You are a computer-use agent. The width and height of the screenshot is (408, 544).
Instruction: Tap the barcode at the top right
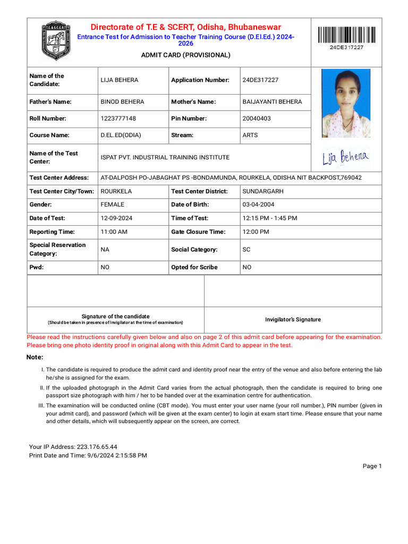pyautogui.click(x=346, y=36)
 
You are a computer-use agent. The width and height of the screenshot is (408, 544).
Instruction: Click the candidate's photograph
pyautogui.click(x=346, y=103)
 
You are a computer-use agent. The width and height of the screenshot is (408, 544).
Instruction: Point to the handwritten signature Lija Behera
pyautogui.click(x=346, y=157)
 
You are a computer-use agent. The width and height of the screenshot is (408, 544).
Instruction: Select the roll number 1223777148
pyautogui.click(x=118, y=118)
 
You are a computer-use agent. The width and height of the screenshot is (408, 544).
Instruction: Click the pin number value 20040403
pyautogui.click(x=257, y=118)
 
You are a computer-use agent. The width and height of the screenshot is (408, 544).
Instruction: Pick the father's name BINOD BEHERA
pyautogui.click(x=122, y=101)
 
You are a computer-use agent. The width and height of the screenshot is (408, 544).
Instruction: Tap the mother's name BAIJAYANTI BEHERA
pyautogui.click(x=272, y=101)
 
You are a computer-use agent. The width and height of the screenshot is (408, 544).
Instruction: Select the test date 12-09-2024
pyautogui.click(x=116, y=218)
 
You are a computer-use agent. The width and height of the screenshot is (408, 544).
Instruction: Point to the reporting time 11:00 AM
pyautogui.click(x=114, y=232)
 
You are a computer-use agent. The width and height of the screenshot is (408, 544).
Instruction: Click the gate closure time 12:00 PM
pyautogui.click(x=256, y=232)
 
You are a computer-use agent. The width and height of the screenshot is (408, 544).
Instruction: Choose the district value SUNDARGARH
pyautogui.click(x=263, y=191)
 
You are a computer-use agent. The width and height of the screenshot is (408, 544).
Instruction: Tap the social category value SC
pyautogui.click(x=246, y=250)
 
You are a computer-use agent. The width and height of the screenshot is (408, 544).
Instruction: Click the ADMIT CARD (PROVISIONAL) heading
pyautogui.click(x=185, y=55)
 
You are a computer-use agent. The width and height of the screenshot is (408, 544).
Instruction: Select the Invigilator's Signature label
pyautogui.click(x=293, y=320)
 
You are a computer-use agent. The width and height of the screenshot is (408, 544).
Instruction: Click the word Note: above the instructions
pyautogui.click(x=35, y=357)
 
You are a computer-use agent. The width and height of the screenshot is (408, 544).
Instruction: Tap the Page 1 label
pyautogui.click(x=372, y=466)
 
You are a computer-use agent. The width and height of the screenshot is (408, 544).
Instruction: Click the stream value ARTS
pyautogui.click(x=250, y=135)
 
